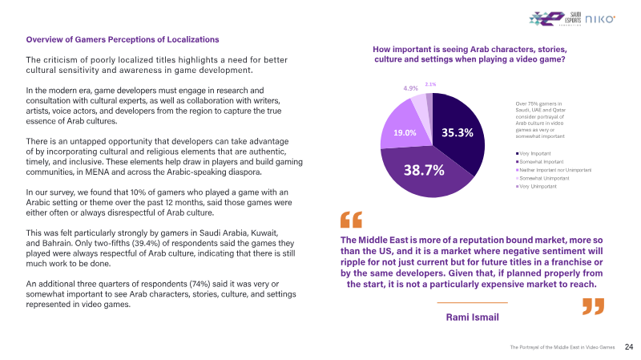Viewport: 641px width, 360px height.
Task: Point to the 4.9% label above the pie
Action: (410, 88)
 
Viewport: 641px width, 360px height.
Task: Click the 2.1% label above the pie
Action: (430, 84)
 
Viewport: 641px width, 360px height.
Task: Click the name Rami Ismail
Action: (472, 318)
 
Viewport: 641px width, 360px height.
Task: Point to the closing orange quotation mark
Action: (593, 306)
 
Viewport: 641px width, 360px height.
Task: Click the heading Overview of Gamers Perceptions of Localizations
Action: (123, 39)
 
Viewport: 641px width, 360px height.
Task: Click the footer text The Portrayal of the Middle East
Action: (562, 348)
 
